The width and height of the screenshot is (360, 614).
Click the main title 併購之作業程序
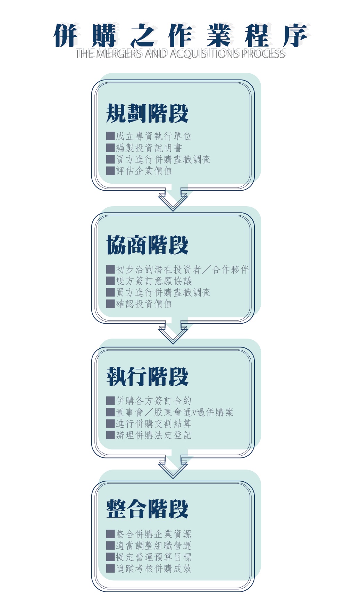pos(181,35)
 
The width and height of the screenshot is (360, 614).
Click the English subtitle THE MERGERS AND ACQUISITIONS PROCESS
pos(180,54)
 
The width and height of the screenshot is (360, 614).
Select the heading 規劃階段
pos(147,113)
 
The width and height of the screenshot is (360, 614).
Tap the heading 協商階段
pos(147,245)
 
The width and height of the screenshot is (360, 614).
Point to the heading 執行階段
pos(147,376)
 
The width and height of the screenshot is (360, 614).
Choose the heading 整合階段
pos(147,509)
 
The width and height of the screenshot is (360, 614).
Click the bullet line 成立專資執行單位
pos(153,136)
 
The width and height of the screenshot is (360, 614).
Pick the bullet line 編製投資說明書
pos(149,148)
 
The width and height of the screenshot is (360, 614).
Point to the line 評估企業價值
pos(144,171)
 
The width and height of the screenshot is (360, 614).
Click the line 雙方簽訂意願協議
pos(154,281)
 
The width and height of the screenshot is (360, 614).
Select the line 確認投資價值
pos(144,304)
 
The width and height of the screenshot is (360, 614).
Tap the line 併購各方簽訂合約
pos(153,401)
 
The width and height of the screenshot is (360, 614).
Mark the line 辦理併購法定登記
pos(153,435)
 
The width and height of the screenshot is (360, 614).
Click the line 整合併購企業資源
pos(153,534)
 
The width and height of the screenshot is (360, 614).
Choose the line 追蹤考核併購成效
pos(153,568)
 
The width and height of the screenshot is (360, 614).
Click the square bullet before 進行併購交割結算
pos(110,424)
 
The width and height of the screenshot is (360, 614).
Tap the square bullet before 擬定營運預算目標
pos(110,557)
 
